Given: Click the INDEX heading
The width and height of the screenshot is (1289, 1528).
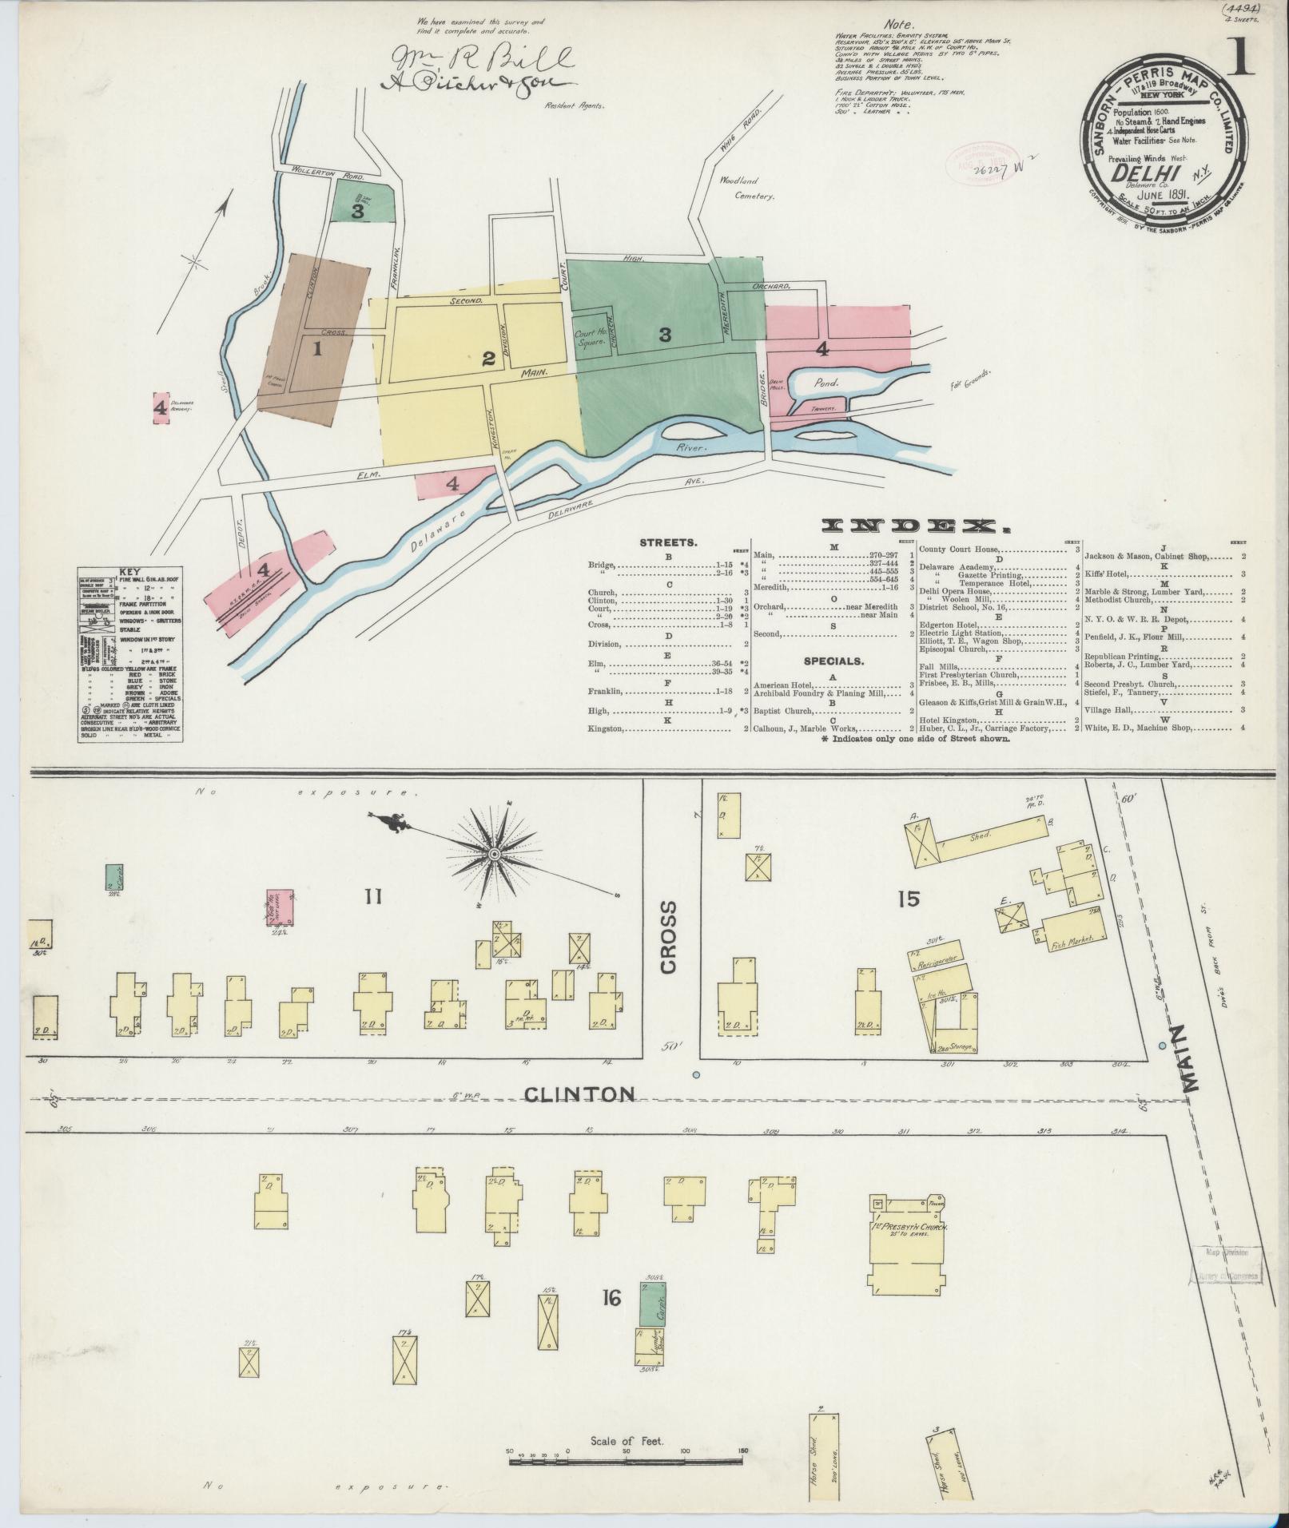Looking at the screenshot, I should tap(912, 526).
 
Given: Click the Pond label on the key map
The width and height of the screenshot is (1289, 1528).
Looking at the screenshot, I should tap(827, 383).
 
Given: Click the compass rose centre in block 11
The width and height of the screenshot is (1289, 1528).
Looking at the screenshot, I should tap(495, 855).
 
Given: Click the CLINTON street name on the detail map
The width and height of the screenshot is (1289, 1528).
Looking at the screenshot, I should tap(579, 1093).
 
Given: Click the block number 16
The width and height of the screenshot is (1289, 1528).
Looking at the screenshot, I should tap(612, 1300).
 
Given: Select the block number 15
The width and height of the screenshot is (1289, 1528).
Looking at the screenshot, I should tap(908, 899).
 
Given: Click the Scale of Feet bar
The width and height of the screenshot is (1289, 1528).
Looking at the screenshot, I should tap(626, 1463).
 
